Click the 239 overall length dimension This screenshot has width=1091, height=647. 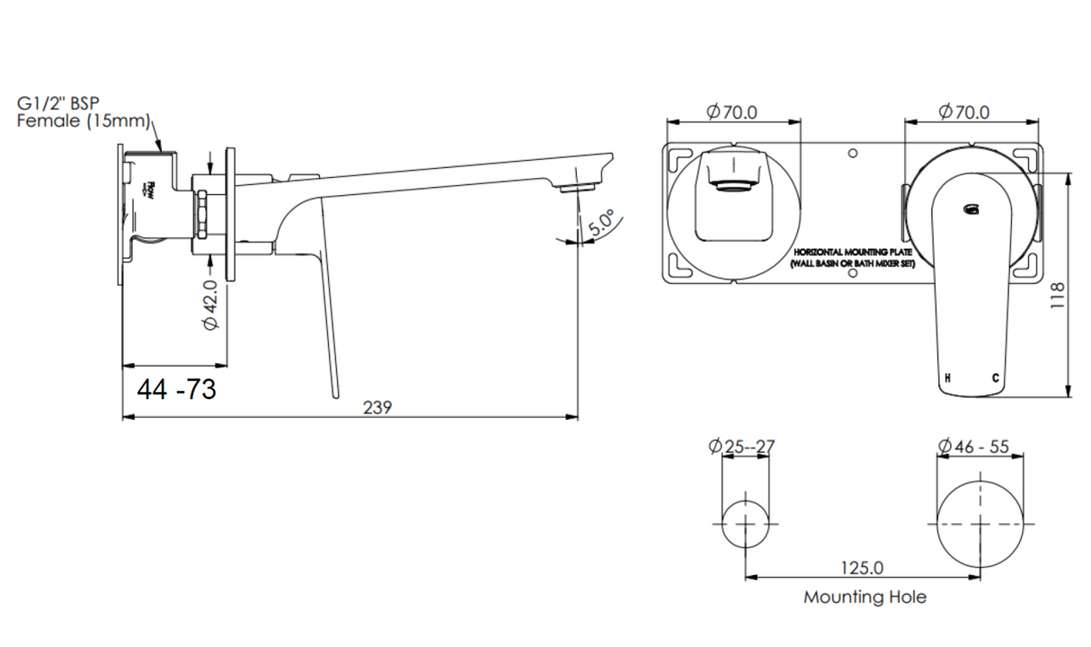pos(377,407)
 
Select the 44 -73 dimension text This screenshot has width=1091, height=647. pos(177,390)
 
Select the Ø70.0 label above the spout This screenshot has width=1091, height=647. pos(732,112)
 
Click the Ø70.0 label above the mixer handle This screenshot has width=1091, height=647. pos(963,112)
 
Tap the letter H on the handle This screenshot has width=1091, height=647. pos(946,378)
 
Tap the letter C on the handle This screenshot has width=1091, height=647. pos(994,378)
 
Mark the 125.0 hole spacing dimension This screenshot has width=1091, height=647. pos(862,568)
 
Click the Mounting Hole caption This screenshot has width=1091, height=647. pos(865,597)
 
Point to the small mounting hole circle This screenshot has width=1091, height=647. pos(747,522)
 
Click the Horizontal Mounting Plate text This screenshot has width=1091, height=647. pos(851,260)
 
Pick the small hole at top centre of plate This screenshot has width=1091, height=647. pos(853,153)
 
